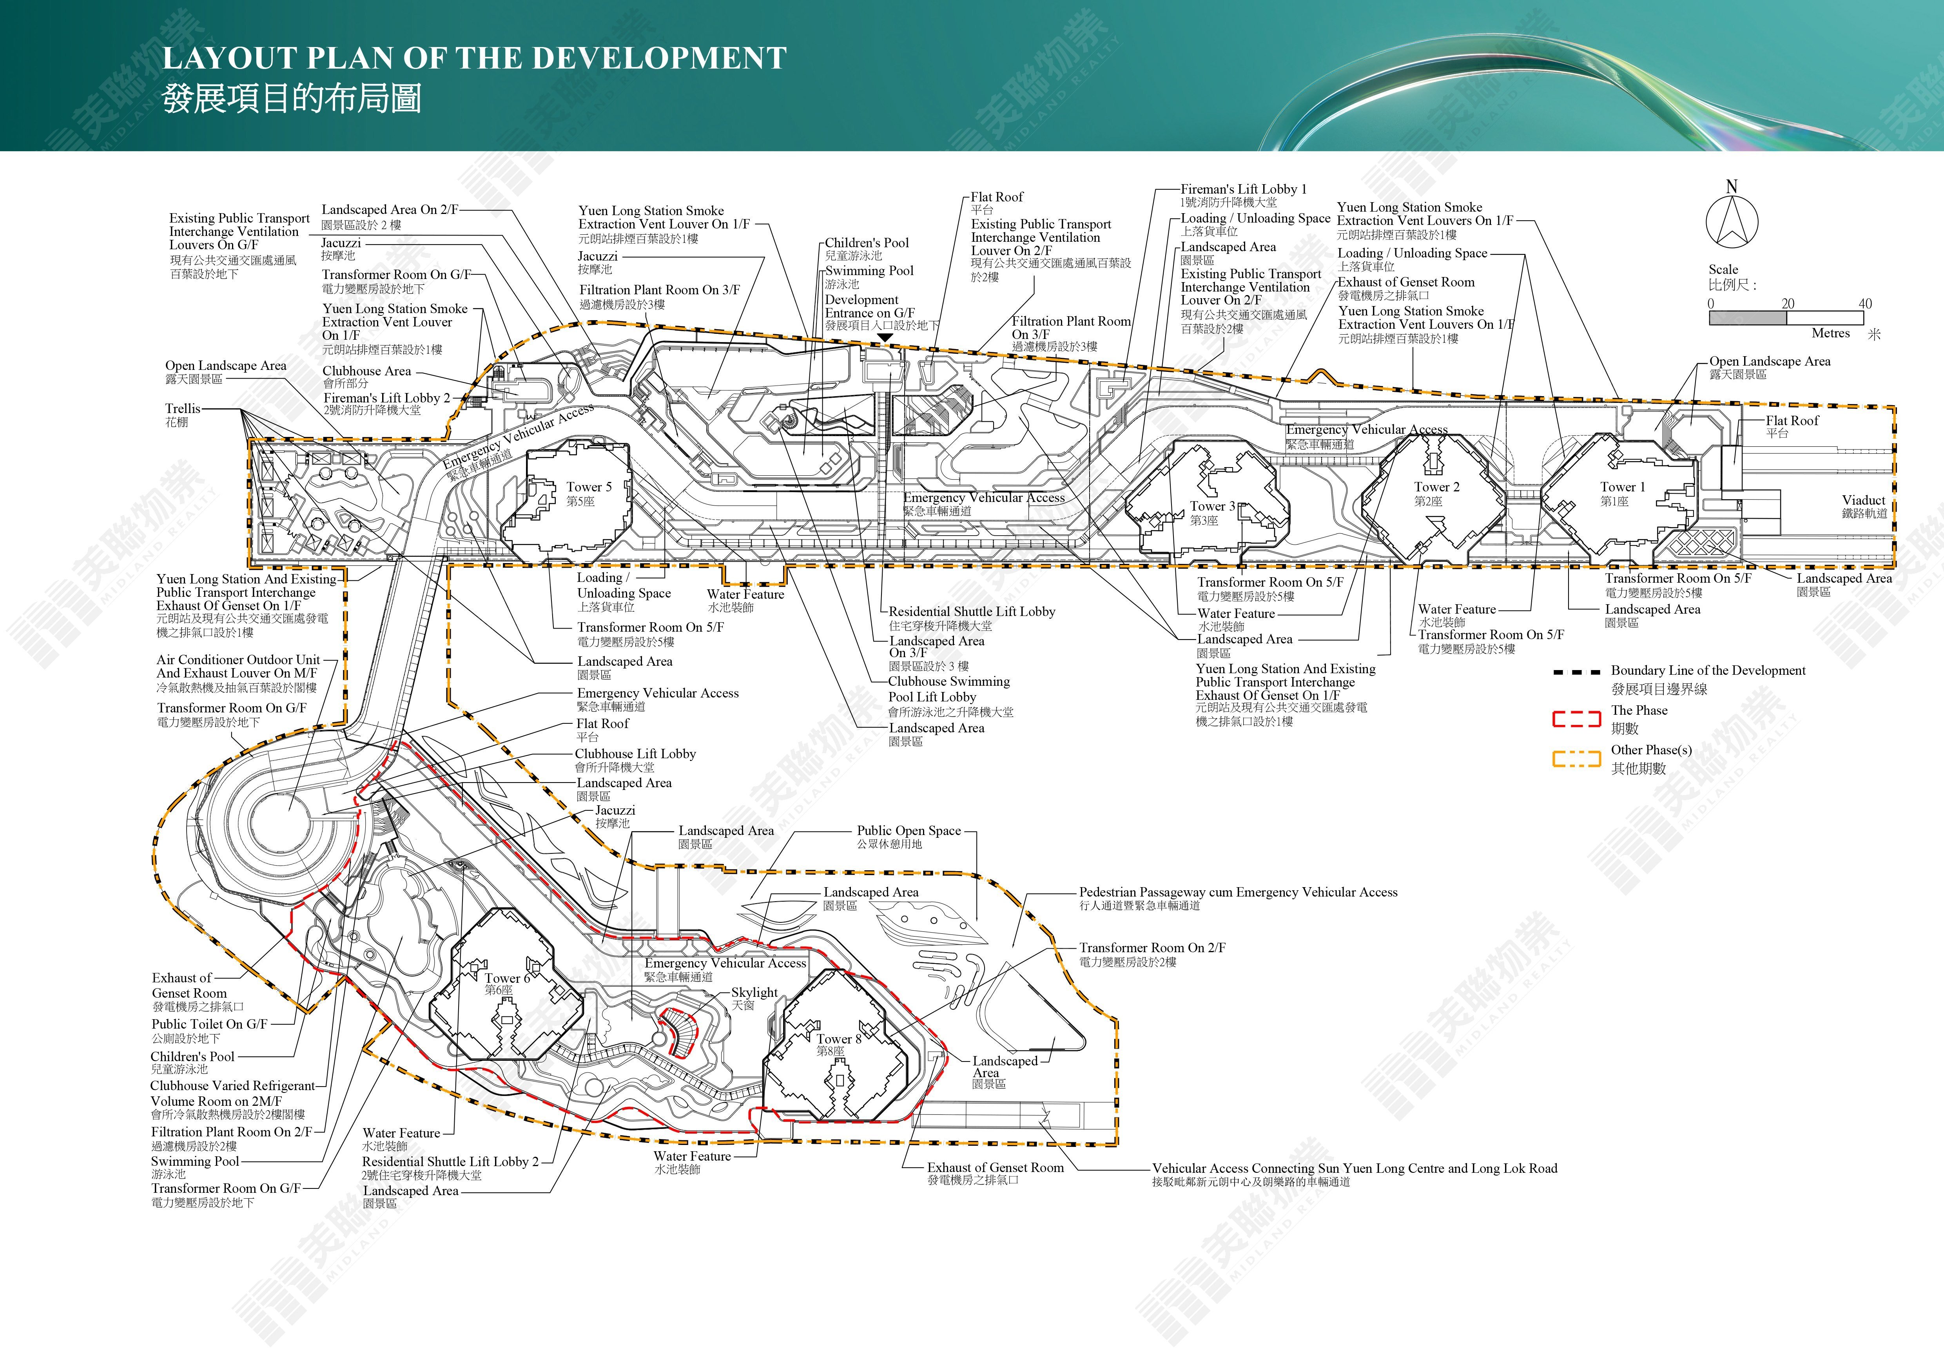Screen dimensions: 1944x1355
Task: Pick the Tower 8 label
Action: click(x=838, y=1038)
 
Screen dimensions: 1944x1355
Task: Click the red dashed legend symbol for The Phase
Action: click(x=1576, y=719)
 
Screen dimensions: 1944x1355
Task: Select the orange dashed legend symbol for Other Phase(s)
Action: click(x=1576, y=758)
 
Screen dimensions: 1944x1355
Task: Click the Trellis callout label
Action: click(x=183, y=408)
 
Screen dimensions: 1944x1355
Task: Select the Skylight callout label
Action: click(x=754, y=992)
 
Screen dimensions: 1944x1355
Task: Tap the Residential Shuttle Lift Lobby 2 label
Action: click(x=450, y=1161)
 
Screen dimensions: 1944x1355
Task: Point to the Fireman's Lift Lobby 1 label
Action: click(x=1244, y=189)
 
